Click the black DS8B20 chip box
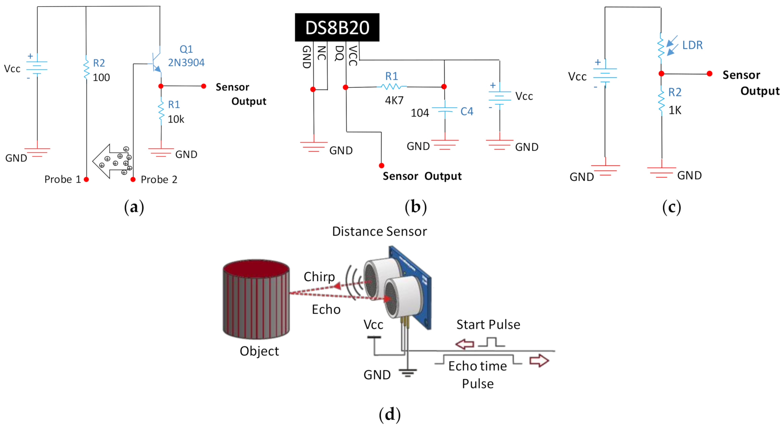[337, 27]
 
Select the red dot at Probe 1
[86, 179]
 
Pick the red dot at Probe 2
[133, 179]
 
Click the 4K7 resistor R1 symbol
[392, 87]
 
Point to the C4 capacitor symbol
[445, 109]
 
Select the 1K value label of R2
[675, 110]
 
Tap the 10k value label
[176, 119]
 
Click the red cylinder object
[256, 299]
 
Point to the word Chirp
[319, 277]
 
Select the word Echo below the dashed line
[326, 309]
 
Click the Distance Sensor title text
[379, 231]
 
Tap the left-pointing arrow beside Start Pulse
[465, 344]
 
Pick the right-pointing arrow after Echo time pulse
[539, 360]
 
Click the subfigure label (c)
[671, 207]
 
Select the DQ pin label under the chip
[339, 53]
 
